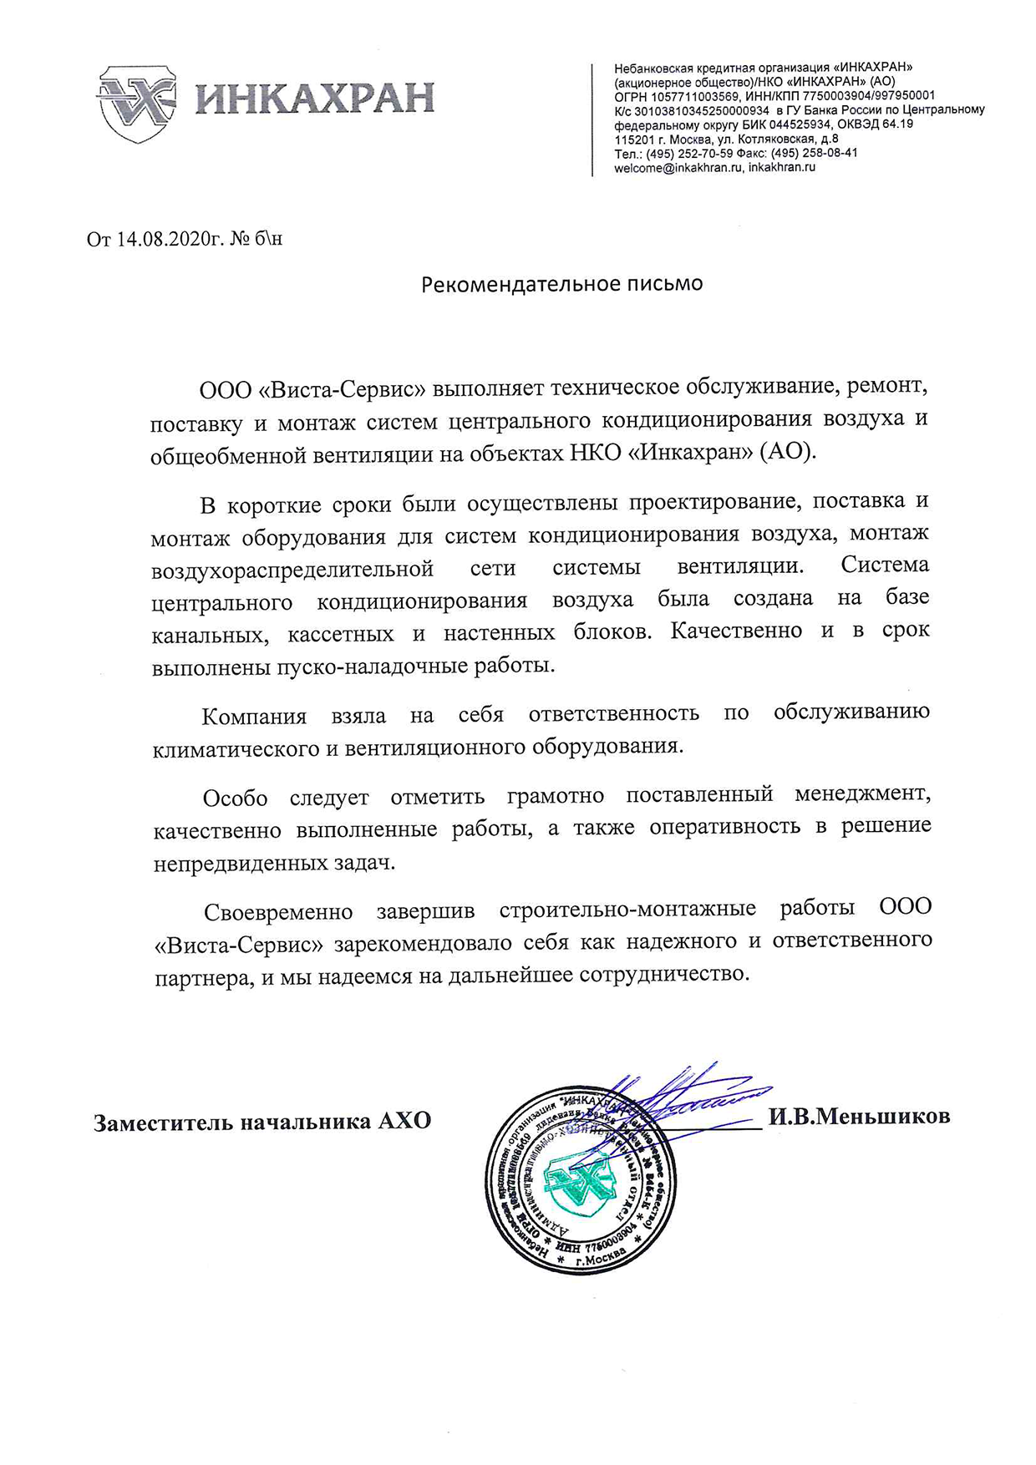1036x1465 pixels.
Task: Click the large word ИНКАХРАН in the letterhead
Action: pyautogui.click(x=315, y=98)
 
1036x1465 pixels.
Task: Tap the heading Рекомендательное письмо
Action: pyautogui.click(x=561, y=284)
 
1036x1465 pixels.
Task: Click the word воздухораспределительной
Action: pyautogui.click(x=292, y=570)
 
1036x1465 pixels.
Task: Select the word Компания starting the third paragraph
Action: pyautogui.click(x=254, y=717)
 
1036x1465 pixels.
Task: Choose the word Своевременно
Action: pyautogui.click(x=278, y=911)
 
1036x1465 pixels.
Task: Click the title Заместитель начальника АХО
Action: pyautogui.click(x=262, y=1121)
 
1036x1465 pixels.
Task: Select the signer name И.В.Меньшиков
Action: pyautogui.click(x=859, y=1116)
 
